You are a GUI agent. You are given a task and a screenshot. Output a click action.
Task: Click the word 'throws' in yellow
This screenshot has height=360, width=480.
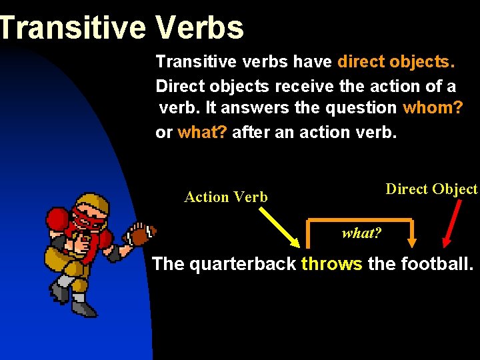point(331,264)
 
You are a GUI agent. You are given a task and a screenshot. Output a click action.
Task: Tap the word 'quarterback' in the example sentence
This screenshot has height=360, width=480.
point(243,264)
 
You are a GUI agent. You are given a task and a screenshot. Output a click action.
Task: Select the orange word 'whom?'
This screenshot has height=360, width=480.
point(433,108)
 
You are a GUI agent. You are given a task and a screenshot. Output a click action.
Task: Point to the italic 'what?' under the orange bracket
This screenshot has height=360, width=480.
point(361,233)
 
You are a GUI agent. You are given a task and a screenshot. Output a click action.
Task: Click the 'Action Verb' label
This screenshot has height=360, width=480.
point(226,197)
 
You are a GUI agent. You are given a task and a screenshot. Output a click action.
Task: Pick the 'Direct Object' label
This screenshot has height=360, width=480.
point(431,189)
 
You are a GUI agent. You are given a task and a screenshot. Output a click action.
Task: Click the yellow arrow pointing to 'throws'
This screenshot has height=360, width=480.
point(279,227)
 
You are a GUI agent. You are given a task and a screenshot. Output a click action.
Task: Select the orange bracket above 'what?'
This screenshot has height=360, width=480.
point(360,221)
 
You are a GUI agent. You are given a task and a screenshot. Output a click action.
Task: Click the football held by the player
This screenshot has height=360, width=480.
point(141,235)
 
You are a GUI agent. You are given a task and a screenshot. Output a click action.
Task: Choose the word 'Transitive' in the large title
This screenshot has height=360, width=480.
point(73,27)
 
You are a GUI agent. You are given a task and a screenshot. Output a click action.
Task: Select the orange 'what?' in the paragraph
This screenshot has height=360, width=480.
point(202,132)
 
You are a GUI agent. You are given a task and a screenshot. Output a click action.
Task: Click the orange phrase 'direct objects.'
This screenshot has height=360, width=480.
point(397,63)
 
